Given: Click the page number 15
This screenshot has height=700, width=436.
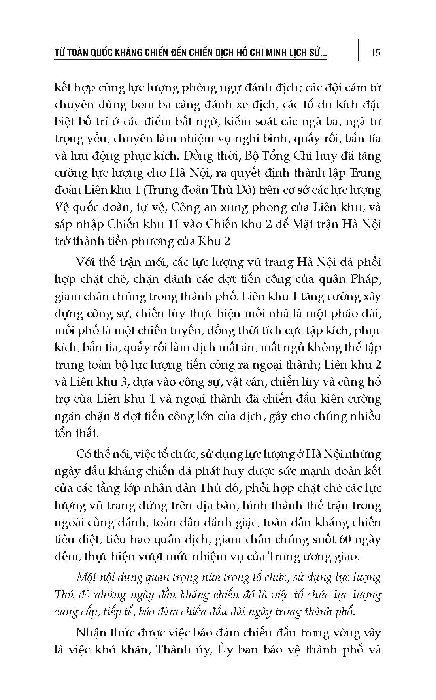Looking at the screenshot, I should (376, 53).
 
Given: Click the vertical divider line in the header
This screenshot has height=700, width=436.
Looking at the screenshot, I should (358, 49).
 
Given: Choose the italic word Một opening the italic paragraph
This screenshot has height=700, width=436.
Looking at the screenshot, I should (88, 578).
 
